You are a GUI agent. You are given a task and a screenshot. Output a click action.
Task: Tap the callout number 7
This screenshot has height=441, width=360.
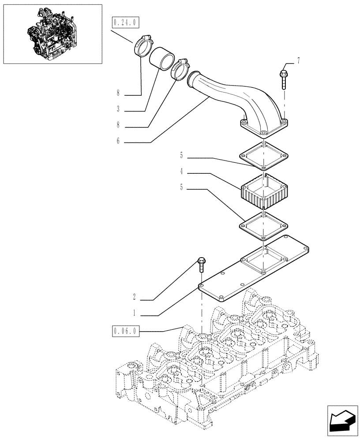pos(298,60)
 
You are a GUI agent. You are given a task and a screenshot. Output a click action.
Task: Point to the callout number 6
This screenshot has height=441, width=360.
pos(118,142)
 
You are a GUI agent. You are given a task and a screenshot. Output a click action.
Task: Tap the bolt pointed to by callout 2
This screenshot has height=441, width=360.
pos(201,265)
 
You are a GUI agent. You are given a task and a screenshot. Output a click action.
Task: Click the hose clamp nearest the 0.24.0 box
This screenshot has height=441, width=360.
pos(142,45)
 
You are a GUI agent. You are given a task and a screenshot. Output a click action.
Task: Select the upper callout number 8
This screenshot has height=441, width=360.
pos(118,93)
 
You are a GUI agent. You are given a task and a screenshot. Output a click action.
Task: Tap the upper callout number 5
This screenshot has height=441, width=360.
pos(181,155)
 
